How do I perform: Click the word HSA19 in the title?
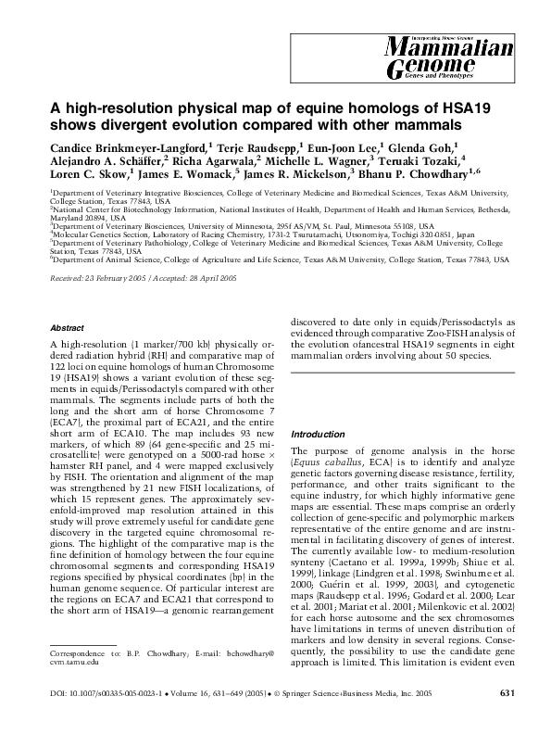[x=440, y=107]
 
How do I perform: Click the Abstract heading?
[x=66, y=328]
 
